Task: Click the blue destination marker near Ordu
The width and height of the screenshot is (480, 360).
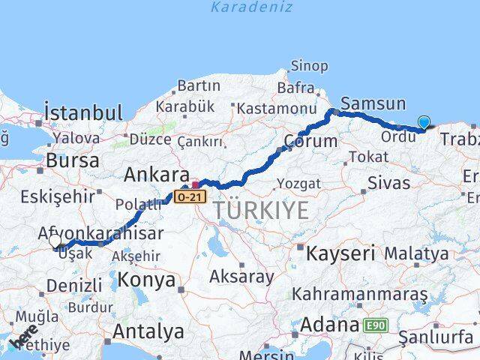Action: (x=424, y=122)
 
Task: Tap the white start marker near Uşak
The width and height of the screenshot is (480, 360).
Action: (x=55, y=241)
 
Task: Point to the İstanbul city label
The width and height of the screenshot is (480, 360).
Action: (x=83, y=113)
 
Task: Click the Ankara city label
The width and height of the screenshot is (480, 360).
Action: (x=156, y=175)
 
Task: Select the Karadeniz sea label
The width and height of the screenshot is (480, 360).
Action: (x=241, y=7)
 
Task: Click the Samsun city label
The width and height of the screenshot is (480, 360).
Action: (x=373, y=104)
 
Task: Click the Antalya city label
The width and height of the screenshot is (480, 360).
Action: (x=148, y=331)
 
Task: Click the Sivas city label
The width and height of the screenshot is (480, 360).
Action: (x=389, y=183)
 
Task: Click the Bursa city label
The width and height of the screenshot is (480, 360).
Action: (x=72, y=160)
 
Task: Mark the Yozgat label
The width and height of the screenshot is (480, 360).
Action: (x=298, y=184)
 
